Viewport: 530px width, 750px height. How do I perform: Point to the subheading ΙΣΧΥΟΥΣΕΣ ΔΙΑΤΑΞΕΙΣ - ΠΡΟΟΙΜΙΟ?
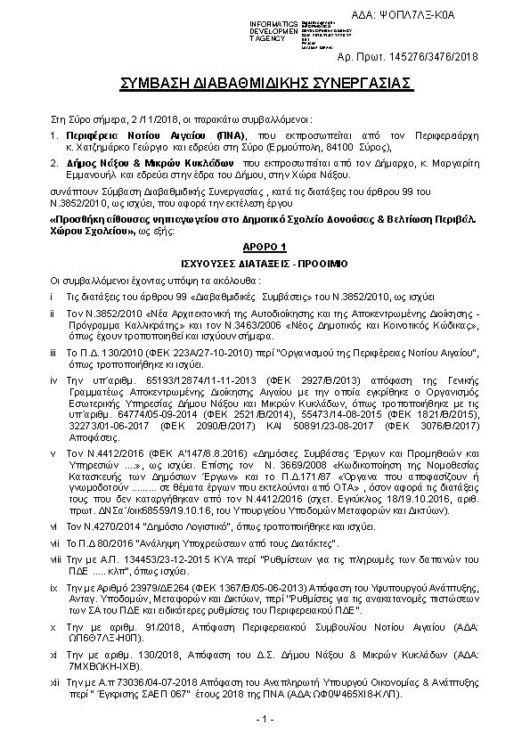(x=265, y=265)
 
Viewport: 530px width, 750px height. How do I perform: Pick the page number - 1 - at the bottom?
(x=265, y=718)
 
